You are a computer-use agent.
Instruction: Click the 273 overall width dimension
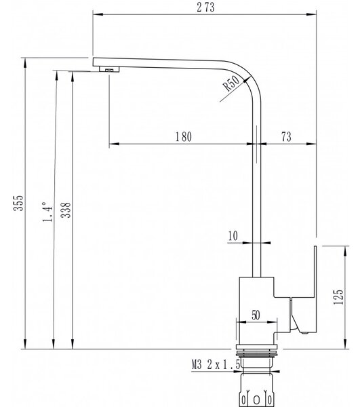click(x=205, y=7)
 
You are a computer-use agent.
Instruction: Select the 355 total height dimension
click(x=18, y=203)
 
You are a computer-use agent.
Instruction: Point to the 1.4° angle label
click(x=47, y=212)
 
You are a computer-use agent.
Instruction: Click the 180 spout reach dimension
click(x=184, y=137)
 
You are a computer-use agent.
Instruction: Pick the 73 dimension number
click(x=286, y=136)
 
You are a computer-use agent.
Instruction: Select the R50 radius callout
click(x=232, y=83)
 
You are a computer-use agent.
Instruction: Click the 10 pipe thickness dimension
click(x=233, y=236)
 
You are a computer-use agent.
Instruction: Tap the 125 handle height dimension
click(x=338, y=296)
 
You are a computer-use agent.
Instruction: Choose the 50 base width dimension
click(x=256, y=315)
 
